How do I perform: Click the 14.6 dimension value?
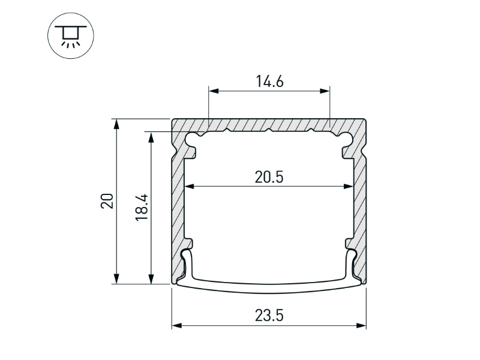pyautogui.click(x=269, y=82)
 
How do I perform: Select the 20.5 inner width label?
pyautogui.click(x=269, y=177)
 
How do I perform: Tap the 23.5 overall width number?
pyautogui.click(x=269, y=316)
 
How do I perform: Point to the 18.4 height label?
pyautogui.click(x=142, y=207)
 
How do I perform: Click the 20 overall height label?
pyautogui.click(x=107, y=201)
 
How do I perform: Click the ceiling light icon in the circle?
pyautogui.click(x=71, y=37)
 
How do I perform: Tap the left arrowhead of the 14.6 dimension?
pyautogui.click(x=214, y=91)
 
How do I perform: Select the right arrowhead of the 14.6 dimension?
pyautogui.click(x=325, y=91)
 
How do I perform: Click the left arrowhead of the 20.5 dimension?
pyautogui.click(x=190, y=186)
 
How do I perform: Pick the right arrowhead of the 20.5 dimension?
pyautogui.click(x=349, y=186)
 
